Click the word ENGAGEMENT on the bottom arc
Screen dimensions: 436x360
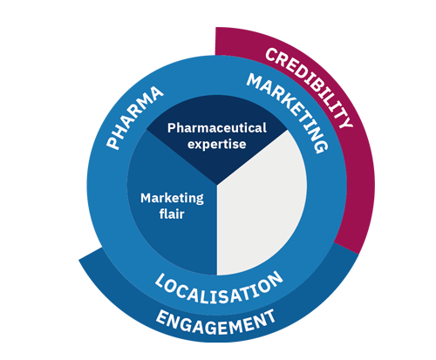215,323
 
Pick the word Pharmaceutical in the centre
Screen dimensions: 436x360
217,128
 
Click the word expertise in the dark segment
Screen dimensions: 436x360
217,144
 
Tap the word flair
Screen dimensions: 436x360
172,214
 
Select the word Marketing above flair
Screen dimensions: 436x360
172,199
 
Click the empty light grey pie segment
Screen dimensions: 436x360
262,203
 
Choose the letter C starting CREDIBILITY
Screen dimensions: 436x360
272,55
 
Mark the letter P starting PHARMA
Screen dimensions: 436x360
112,143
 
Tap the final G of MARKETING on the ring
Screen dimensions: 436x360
321,146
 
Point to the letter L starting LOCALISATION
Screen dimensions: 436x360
160,281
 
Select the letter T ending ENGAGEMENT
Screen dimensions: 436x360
269,316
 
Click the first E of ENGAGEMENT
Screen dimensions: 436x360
162,317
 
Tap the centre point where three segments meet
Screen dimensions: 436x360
217,184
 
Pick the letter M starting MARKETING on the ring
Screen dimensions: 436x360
255,80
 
